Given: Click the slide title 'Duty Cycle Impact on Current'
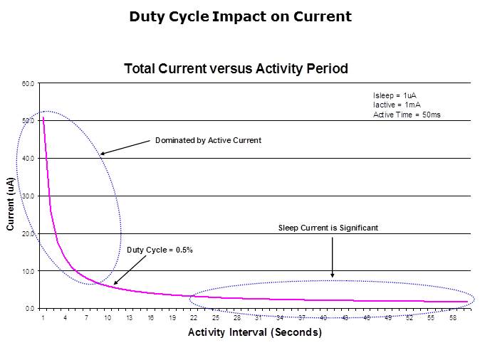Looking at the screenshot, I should [x=240, y=16].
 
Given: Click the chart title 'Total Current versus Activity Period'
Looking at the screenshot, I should [x=236, y=69].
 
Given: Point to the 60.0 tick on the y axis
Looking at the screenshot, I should [x=28, y=84].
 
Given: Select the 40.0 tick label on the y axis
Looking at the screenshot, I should [x=28, y=159].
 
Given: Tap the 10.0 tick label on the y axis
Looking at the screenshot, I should [x=28, y=271].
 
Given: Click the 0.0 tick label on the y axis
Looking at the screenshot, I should [x=30, y=309].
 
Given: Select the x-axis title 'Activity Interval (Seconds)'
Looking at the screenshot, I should [x=254, y=332].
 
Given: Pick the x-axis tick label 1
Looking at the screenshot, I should [x=43, y=318].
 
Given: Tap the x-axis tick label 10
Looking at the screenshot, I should [x=108, y=318].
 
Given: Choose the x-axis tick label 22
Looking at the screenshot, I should [x=194, y=318].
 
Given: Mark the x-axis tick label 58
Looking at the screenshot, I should [x=452, y=318].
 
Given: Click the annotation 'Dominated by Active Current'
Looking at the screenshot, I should [x=208, y=141].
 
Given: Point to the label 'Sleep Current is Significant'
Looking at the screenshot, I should [x=328, y=228].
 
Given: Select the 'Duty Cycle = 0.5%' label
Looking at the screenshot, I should [x=160, y=250].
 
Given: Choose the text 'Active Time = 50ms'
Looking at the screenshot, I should [x=407, y=115].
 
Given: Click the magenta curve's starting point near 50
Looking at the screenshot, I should [x=43, y=118].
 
